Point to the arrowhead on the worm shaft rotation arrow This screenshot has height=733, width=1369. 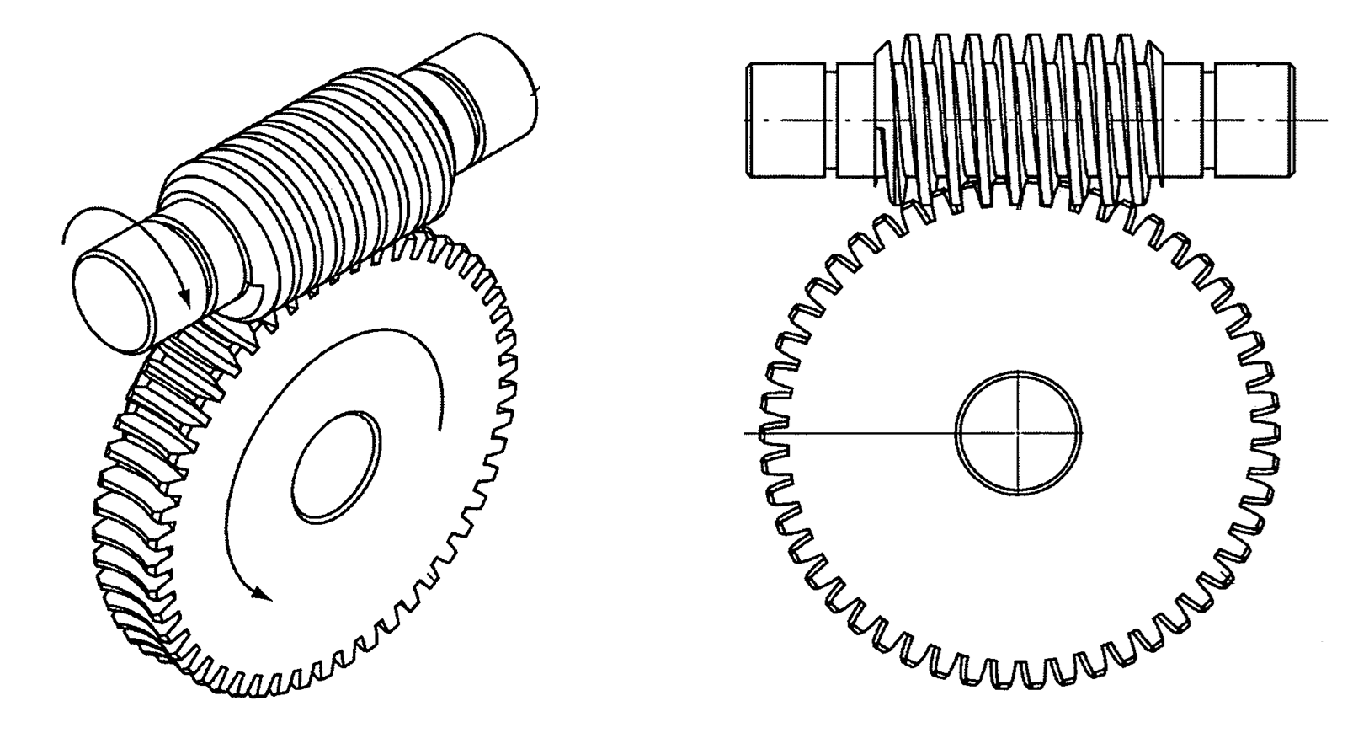(x=186, y=301)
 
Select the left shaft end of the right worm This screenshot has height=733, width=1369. (x=785, y=120)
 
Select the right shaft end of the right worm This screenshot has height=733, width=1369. (x=1252, y=120)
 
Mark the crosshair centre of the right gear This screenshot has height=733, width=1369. (x=1018, y=432)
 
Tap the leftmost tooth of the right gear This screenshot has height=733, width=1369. (x=766, y=433)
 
